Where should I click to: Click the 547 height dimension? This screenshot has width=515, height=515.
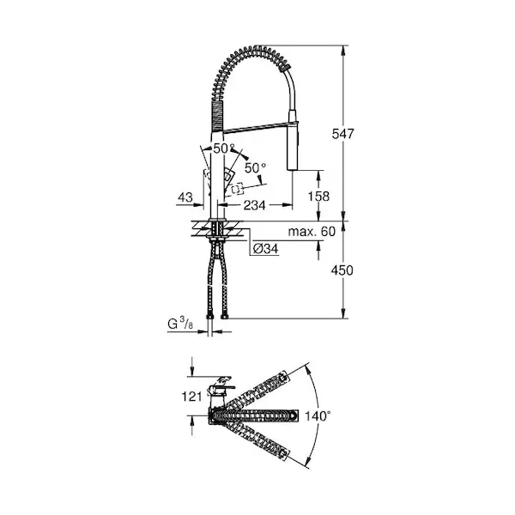[x=342, y=134]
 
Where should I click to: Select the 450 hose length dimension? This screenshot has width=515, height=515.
[x=342, y=270]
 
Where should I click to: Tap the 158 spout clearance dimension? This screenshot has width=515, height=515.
[x=318, y=196]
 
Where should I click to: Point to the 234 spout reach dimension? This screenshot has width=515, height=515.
[x=254, y=205]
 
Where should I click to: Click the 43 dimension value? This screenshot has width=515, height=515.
[x=185, y=197]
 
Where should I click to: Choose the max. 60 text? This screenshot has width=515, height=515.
[x=312, y=232]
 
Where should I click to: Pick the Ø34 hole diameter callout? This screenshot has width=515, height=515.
[x=266, y=249]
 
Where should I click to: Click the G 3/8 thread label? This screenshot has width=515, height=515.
[x=180, y=324]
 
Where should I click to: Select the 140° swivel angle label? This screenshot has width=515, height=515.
[x=318, y=416]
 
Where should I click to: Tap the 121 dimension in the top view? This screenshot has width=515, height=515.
[x=192, y=397]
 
